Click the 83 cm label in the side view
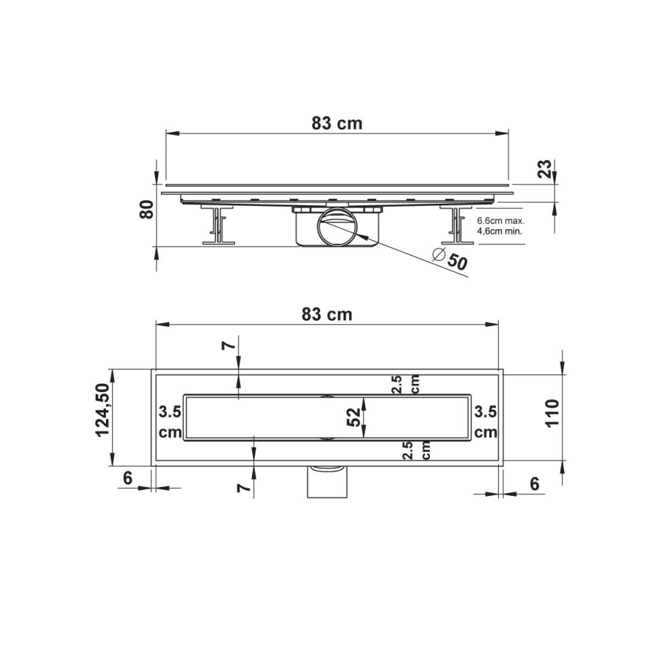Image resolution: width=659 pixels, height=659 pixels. (x=337, y=123)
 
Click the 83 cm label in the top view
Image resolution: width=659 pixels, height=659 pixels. (x=327, y=315)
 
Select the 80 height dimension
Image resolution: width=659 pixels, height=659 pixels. (x=147, y=209)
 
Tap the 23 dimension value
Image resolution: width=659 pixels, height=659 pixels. (x=545, y=169)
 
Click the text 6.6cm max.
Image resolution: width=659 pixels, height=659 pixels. (x=501, y=221)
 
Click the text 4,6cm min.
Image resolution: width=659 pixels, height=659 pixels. (x=500, y=231)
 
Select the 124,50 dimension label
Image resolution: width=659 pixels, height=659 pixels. (x=103, y=410)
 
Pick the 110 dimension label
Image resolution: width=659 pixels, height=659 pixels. (x=552, y=412)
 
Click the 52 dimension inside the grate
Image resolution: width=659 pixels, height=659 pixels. (x=354, y=417)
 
